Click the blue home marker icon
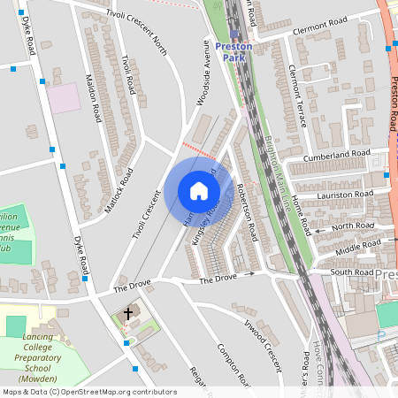[x=198, y=190]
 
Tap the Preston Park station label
[x=233, y=51]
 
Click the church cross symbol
[x=127, y=314]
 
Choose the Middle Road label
[x=358, y=243]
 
